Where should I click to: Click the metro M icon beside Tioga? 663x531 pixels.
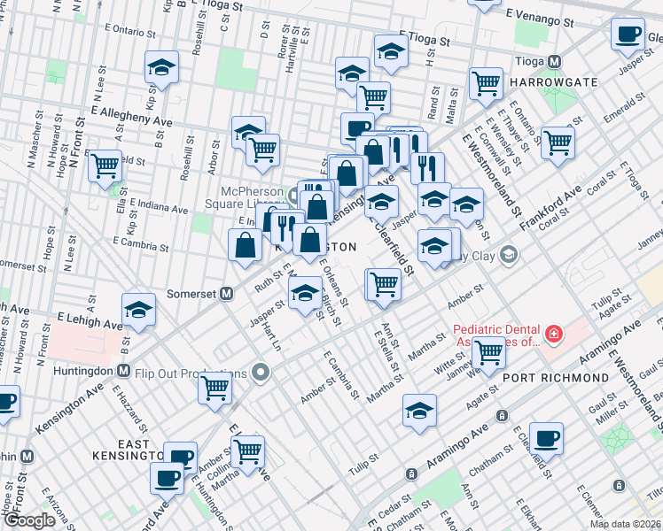point(555,62)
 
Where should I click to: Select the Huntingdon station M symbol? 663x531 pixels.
point(123,371)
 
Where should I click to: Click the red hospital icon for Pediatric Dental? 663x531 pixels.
point(554,335)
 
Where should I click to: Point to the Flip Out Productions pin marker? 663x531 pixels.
point(260,372)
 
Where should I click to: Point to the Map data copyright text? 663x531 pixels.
point(624,524)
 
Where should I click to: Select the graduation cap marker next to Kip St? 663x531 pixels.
point(162,66)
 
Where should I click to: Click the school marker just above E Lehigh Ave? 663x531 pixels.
point(138,310)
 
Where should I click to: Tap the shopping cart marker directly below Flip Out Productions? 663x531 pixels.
point(215,388)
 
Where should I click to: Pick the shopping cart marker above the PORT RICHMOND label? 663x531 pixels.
point(489,351)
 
